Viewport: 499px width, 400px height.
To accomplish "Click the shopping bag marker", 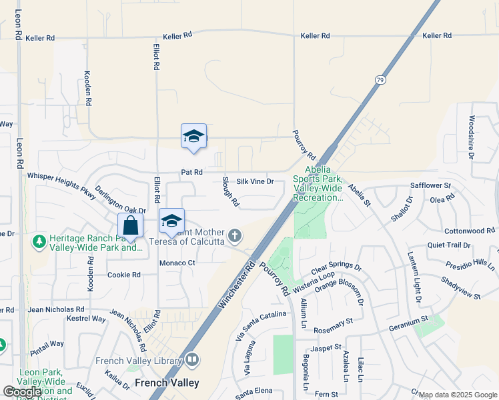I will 130,224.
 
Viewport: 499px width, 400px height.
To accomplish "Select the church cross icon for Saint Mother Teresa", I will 234,235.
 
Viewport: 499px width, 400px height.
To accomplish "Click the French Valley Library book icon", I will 192,361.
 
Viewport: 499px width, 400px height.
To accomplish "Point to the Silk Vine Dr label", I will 256,181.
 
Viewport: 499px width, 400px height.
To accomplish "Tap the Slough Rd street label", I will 230,191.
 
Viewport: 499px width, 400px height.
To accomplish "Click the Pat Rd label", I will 191,173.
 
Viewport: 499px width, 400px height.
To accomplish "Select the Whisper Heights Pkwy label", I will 61,181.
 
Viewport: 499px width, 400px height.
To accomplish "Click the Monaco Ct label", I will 177,263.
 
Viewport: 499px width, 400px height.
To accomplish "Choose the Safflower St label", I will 431,185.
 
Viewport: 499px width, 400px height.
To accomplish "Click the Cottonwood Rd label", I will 470,231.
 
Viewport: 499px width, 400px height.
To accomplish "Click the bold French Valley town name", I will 166,383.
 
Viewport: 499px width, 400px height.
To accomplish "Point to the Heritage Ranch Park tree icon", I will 39,239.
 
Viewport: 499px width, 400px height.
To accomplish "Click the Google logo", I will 23,391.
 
